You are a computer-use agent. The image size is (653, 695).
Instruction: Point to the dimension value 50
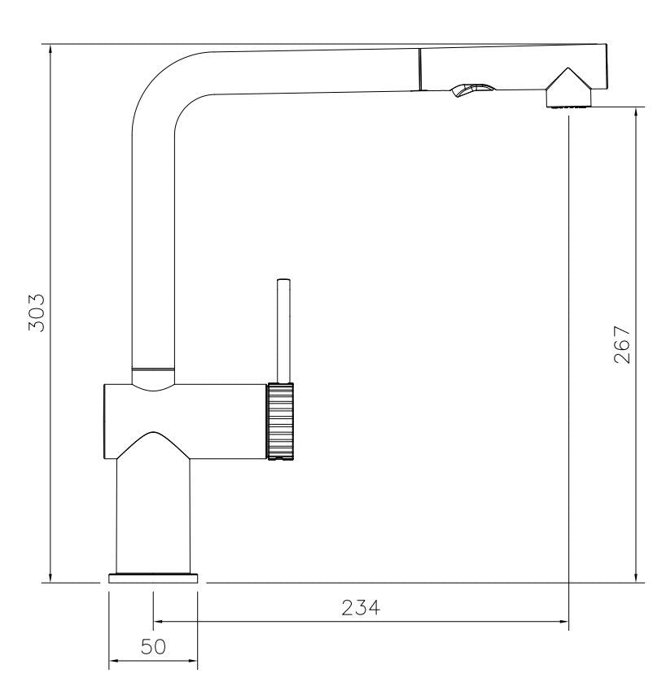click(x=153, y=647)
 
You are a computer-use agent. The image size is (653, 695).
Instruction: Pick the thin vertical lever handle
click(x=283, y=330)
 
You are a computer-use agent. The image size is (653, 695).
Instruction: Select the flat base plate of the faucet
click(x=153, y=578)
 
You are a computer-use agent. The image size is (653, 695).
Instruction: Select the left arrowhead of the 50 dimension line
click(x=115, y=661)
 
